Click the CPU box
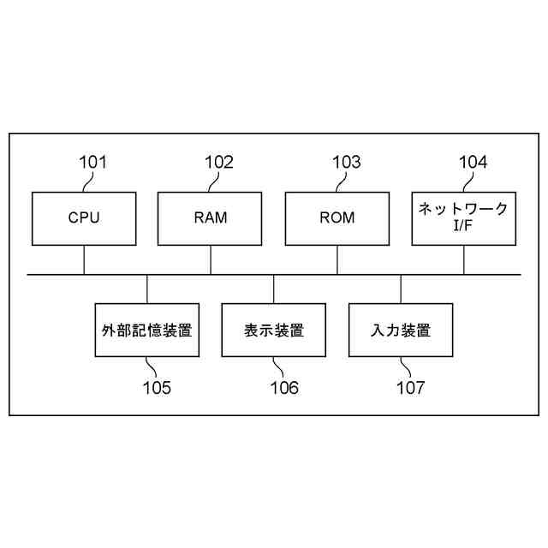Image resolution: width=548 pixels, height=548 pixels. (84, 217)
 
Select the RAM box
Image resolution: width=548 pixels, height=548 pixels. (211, 217)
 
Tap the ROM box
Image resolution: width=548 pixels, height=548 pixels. (337, 217)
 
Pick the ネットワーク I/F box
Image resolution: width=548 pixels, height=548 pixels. (464, 217)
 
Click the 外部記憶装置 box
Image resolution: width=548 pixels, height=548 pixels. (147, 329)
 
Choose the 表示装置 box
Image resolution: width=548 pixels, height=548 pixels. (274, 329)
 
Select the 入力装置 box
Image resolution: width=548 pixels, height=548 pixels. (401, 329)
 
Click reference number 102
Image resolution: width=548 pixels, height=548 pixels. (218, 162)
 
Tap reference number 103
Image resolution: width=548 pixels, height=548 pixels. (346, 162)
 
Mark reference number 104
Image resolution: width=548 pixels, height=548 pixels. (473, 162)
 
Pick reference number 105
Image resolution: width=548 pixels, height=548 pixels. (156, 388)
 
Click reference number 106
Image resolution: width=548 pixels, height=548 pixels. (283, 388)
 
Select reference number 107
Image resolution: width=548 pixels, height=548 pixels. (409, 388)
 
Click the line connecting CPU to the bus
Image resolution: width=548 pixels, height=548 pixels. (84, 260)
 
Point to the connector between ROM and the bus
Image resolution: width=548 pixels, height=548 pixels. (337, 260)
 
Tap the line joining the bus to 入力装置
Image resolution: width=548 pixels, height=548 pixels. (401, 288)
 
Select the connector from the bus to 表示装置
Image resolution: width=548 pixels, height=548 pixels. (274, 288)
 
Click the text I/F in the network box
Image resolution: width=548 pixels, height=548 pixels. (463, 227)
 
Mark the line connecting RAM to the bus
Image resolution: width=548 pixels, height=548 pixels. (211, 260)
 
